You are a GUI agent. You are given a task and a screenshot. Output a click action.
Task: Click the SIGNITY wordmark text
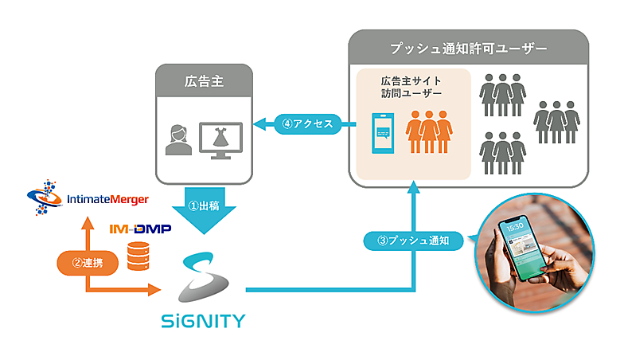pos(202,322)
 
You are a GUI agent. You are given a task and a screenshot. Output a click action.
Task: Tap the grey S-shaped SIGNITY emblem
pos(202,278)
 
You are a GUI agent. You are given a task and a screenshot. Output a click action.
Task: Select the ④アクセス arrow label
pos(306,123)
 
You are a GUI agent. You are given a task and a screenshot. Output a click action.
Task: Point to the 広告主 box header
pos(202,80)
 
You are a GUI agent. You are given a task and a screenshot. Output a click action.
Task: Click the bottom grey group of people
pos(503,153)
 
